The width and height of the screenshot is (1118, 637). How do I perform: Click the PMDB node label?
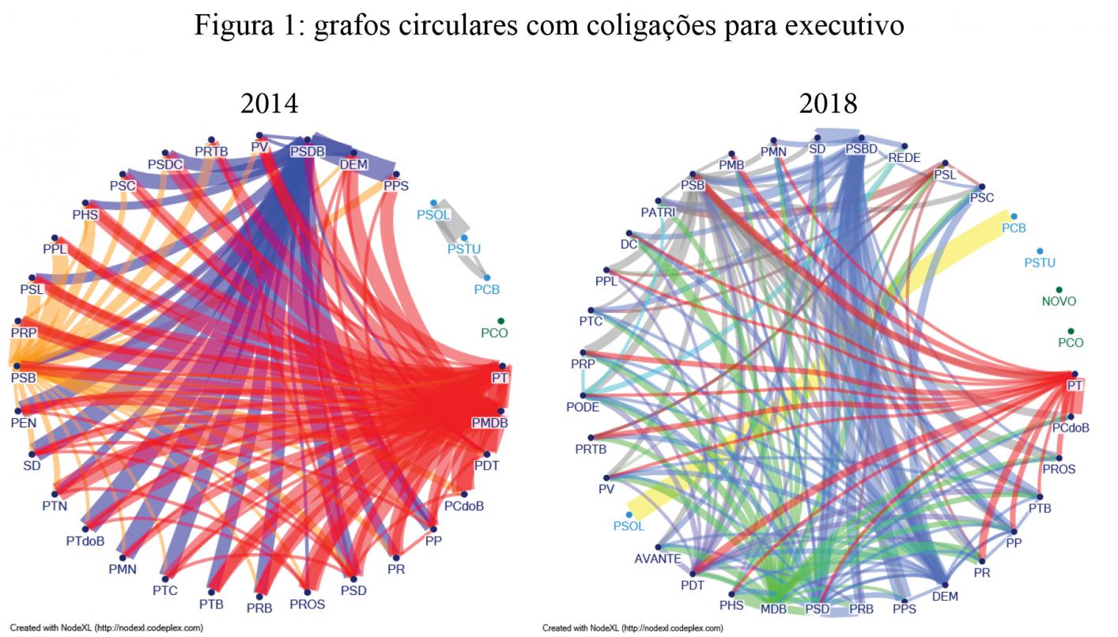[489, 423]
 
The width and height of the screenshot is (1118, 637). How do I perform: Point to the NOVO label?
[1059, 302]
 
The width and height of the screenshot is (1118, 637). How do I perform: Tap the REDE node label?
[904, 158]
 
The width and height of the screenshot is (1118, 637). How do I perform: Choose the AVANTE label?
[658, 559]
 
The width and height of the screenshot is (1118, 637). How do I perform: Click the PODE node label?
[583, 408]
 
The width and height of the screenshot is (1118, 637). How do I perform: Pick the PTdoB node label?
[85, 542]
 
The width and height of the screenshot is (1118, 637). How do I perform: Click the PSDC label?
[166, 164]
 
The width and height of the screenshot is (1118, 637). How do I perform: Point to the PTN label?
[55, 504]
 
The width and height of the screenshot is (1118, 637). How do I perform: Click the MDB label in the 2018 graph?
[773, 609]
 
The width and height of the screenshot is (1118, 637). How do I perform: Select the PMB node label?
[731, 165]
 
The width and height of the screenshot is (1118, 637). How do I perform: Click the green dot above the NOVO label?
[1059, 290]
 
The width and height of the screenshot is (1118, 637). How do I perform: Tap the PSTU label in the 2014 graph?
[464, 249]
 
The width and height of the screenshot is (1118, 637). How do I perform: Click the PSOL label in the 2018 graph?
[629, 526]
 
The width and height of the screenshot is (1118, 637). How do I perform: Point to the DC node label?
[629, 244]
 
